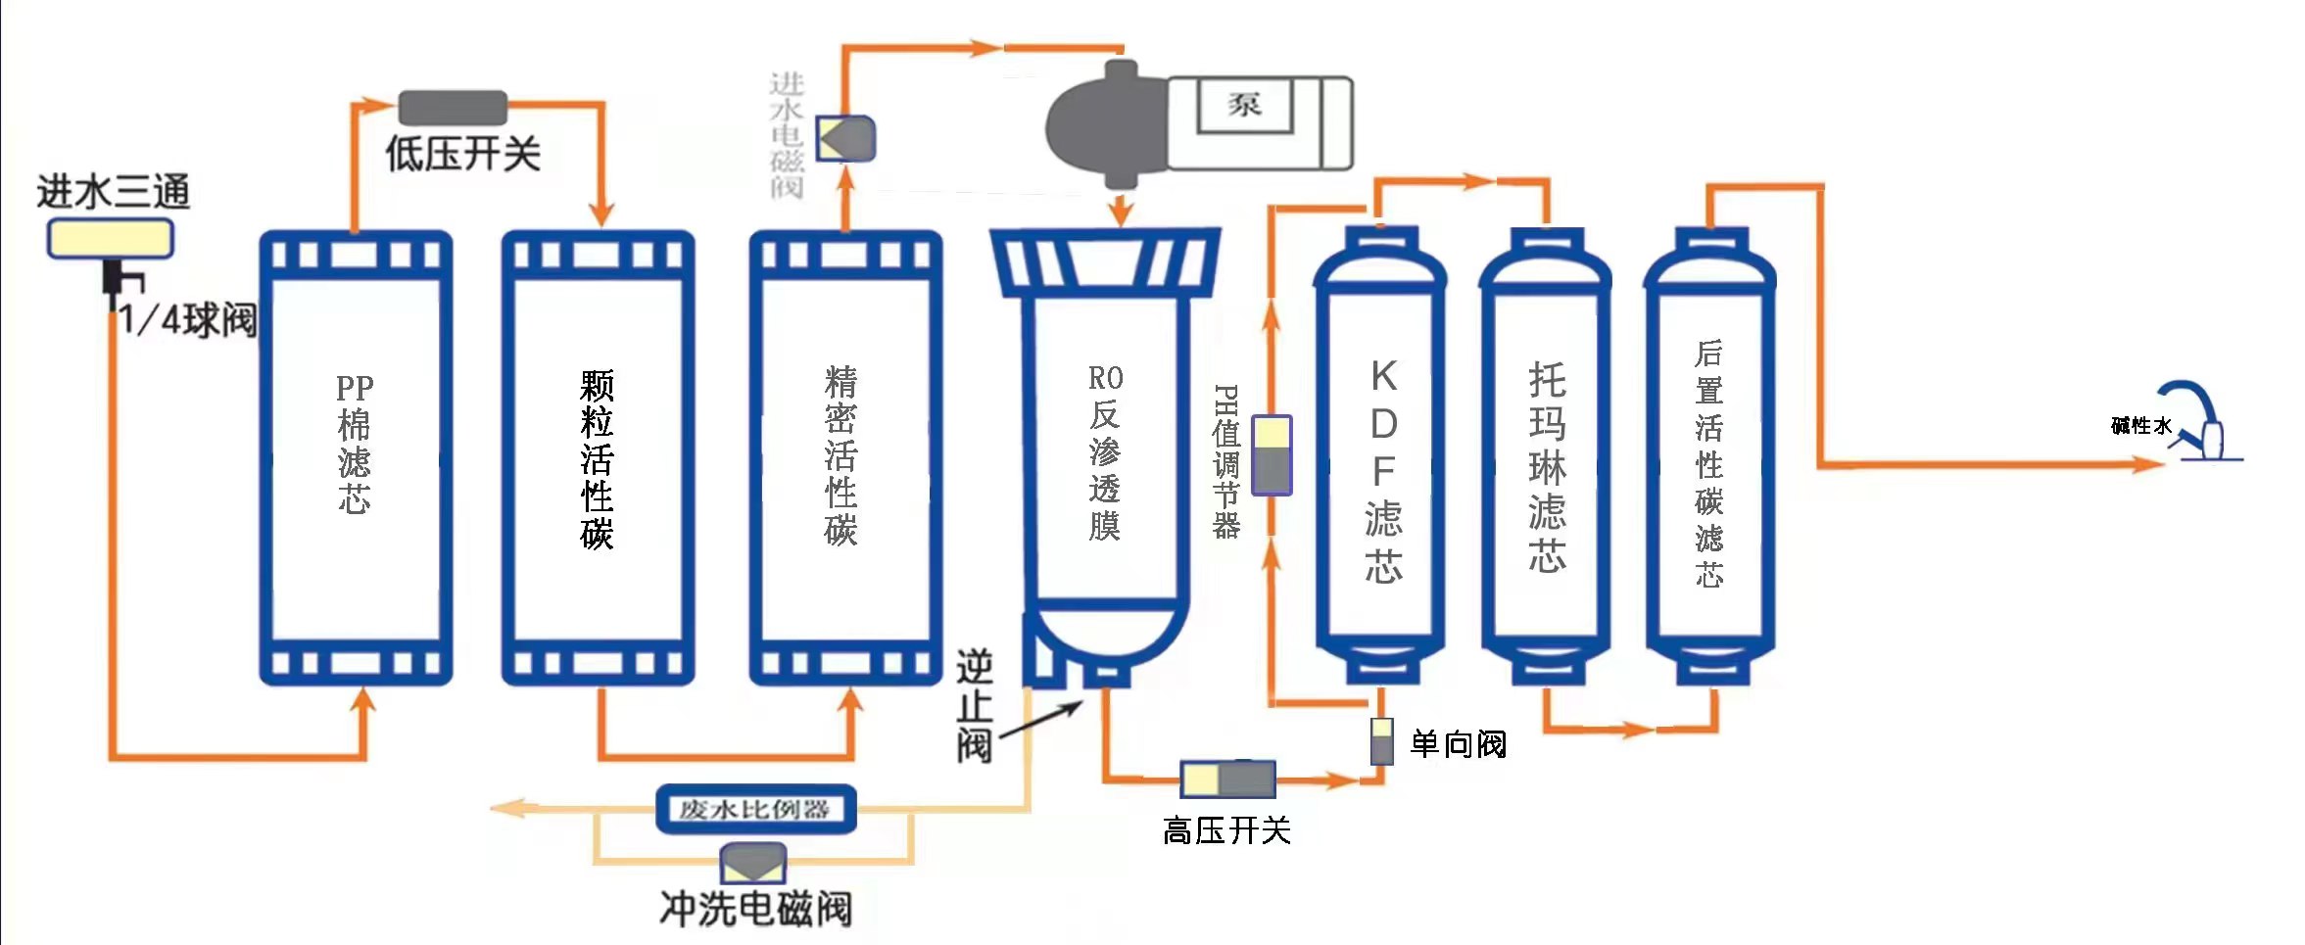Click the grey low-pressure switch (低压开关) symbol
coord(453,107)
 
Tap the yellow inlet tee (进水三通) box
coord(111,238)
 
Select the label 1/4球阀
coord(189,320)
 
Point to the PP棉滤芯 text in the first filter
coord(355,444)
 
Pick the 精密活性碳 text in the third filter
coord(840,455)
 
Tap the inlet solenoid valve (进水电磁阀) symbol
coord(846,138)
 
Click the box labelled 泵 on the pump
coord(1245,104)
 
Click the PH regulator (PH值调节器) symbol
coord(1272,455)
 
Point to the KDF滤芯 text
coord(1383,471)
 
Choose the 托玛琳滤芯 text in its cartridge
coord(1547,466)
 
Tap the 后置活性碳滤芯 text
coord(1709,463)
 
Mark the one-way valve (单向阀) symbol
coord(1381,741)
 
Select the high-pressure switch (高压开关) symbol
coord(1227,780)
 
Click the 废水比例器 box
coord(755,809)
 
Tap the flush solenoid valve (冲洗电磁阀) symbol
coord(752,863)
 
